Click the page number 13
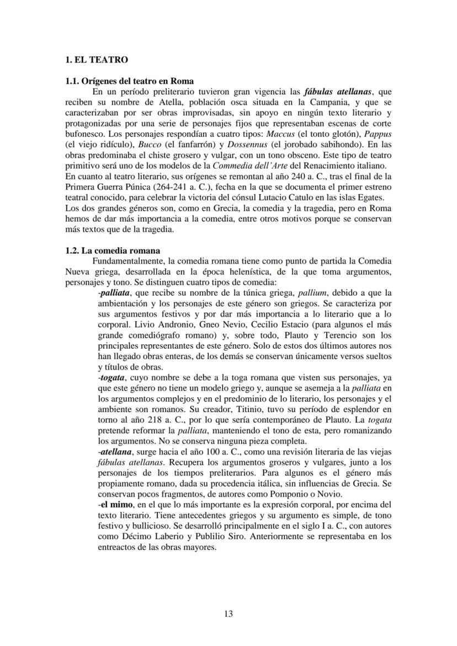coord(228,613)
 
